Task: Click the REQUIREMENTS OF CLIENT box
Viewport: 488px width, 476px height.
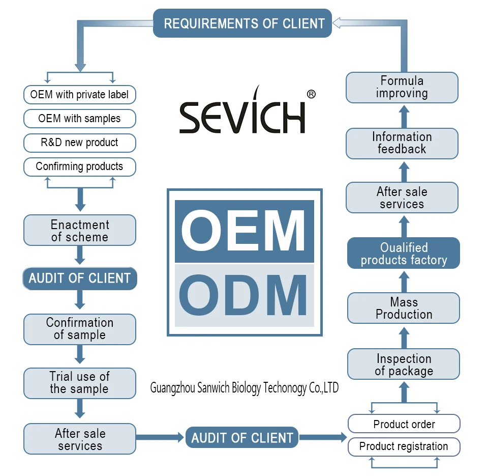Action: pos(242,23)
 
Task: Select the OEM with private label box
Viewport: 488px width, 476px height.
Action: pos(79,94)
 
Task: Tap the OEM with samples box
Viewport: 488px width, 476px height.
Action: pos(79,119)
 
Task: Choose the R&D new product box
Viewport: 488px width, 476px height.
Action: pos(79,143)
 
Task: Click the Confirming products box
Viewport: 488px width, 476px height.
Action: pos(79,166)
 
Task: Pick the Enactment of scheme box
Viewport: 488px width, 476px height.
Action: pos(79,230)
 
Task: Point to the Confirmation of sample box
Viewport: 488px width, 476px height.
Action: pos(79,329)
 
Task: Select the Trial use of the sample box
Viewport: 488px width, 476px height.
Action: pos(79,383)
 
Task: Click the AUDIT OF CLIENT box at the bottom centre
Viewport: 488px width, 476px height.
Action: pos(242,438)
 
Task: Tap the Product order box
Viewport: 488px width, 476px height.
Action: pos(404,424)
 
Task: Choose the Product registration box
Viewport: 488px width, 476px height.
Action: pos(404,446)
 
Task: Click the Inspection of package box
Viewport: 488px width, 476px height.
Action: pos(404,365)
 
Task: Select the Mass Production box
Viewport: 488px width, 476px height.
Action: pos(404,309)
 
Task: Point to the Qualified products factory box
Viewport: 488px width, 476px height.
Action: pos(404,254)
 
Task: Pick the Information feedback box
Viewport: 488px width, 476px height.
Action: pos(402,143)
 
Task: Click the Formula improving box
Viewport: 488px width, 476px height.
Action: pos(402,87)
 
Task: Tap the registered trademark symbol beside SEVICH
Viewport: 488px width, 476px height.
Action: pos(312,94)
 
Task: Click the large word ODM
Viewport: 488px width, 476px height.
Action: pos(244,295)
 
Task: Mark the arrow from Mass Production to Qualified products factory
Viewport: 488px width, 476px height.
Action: pos(404,281)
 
